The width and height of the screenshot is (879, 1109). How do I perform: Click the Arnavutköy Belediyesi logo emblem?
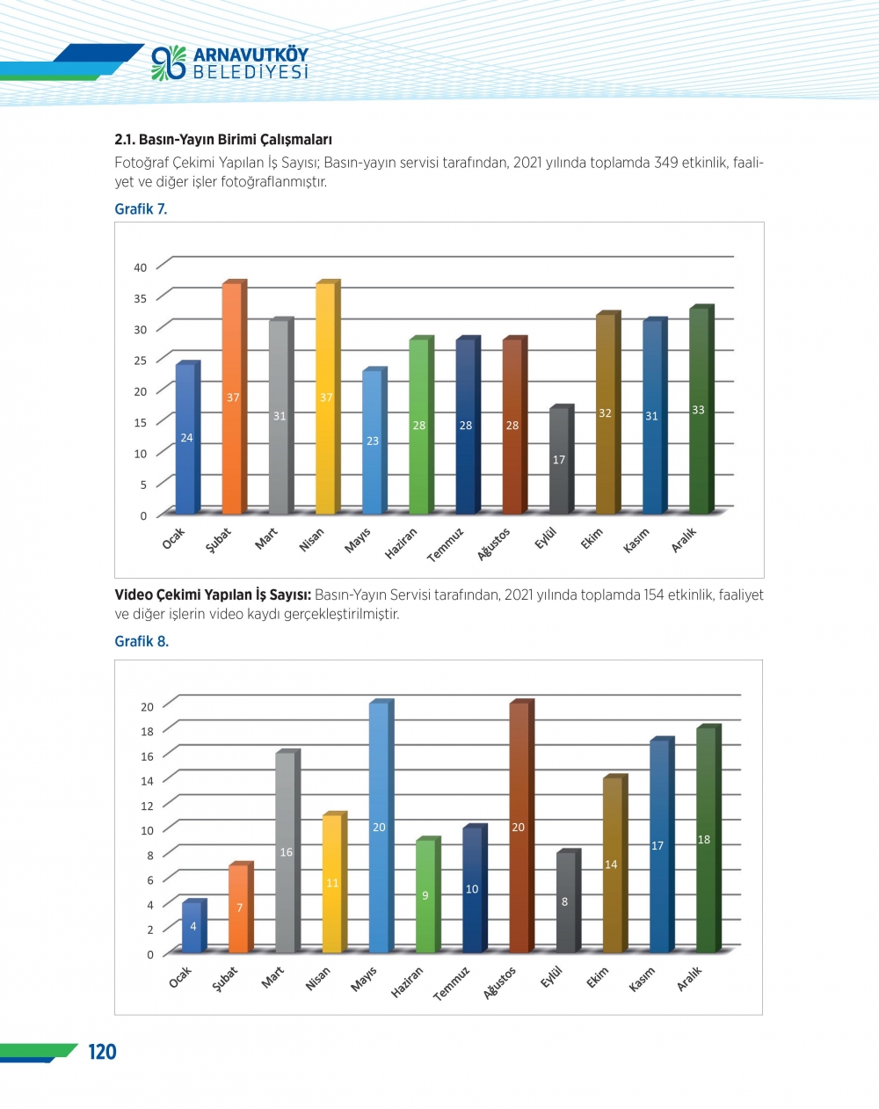(x=169, y=63)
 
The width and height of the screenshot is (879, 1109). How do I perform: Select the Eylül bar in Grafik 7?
(x=559, y=461)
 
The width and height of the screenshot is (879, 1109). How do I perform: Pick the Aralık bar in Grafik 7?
(x=699, y=411)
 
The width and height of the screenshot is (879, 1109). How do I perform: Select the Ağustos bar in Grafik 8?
(x=519, y=828)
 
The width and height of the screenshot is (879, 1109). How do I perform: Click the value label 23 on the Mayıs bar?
(x=373, y=441)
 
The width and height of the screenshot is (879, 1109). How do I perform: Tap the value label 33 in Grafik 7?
(x=698, y=410)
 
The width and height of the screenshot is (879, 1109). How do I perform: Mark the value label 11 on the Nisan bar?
(x=332, y=883)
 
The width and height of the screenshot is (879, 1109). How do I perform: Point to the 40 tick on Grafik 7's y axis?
(x=141, y=267)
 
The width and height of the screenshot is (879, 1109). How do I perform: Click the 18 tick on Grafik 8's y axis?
(x=147, y=731)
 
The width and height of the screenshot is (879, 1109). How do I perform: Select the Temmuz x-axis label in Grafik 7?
(x=446, y=545)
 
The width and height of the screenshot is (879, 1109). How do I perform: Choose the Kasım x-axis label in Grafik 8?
(x=643, y=980)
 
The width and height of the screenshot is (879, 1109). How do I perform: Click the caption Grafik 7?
(x=141, y=209)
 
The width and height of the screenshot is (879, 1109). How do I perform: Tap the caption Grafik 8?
(x=142, y=641)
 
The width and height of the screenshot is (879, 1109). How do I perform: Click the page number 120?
(x=102, y=1052)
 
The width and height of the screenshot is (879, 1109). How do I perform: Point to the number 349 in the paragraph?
(x=665, y=163)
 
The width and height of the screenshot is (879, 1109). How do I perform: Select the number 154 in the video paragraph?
(x=654, y=595)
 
